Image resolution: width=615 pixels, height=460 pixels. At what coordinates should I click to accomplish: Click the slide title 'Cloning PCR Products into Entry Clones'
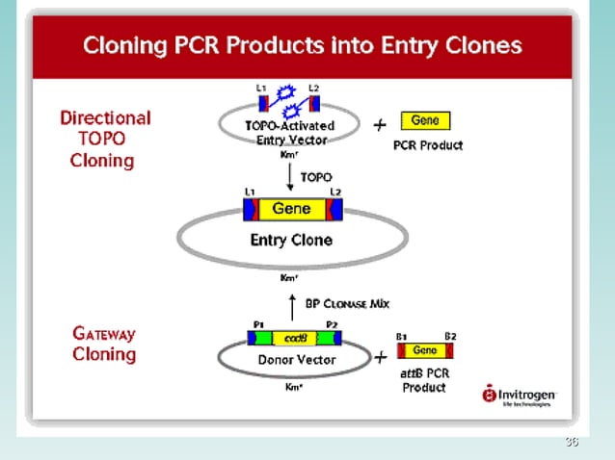pos(302,45)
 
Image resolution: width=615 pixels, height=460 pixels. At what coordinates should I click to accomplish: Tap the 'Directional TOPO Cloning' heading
pos(105,139)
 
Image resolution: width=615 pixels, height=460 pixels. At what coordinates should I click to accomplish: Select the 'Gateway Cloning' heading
pos(104,345)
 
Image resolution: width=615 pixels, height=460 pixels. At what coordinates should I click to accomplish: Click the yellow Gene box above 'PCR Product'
pos(425,121)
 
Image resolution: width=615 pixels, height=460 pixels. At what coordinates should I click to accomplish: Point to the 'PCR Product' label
pos(428,145)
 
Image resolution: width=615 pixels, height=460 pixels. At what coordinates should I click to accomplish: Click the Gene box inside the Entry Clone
pos(291,209)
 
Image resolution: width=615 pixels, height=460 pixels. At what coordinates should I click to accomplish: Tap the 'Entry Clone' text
pos(291,241)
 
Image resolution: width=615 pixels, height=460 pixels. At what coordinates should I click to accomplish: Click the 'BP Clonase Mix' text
pos(347,303)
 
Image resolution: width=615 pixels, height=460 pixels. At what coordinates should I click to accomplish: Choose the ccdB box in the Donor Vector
pos(294,339)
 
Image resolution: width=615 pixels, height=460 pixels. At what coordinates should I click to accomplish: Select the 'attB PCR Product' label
pos(424,380)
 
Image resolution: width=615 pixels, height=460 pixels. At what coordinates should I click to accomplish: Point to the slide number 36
pos(571,442)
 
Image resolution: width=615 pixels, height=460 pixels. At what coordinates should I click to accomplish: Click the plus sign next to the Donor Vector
pos(381,357)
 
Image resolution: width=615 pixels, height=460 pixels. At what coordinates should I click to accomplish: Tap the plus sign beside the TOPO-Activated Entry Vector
pos(380,124)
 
